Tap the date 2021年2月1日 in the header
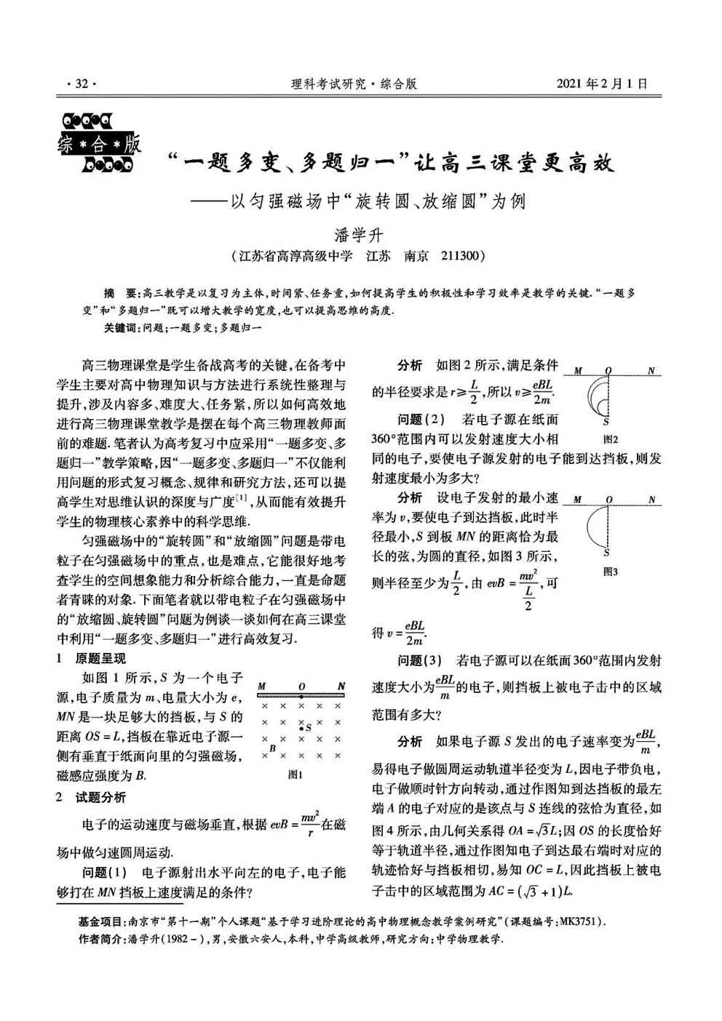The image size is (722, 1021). (601, 84)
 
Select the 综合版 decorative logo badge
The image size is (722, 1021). (99, 143)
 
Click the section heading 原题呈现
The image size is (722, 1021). (100, 659)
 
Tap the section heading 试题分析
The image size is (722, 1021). (100, 797)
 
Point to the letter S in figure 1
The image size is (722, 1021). (309, 726)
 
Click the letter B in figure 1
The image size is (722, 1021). (272, 748)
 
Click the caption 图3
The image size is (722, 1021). (610, 572)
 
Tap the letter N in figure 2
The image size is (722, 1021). (652, 371)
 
